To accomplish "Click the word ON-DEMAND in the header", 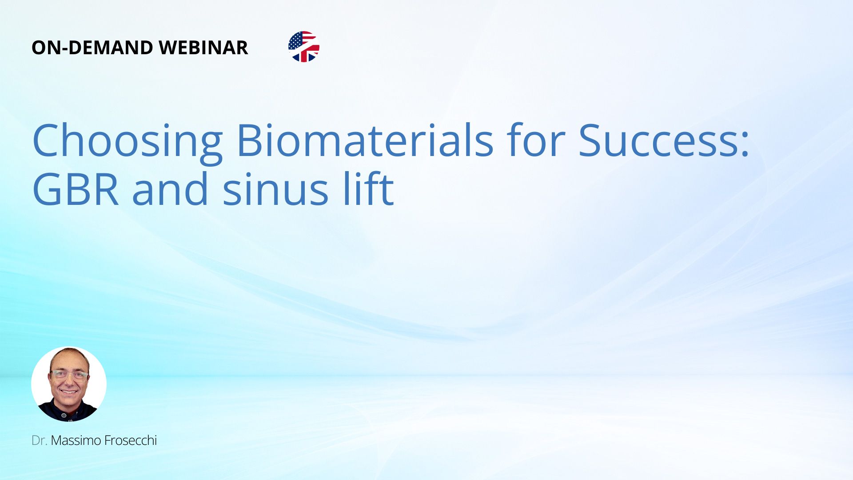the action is pyautogui.click(x=92, y=48).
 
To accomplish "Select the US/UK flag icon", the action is pyautogui.click(x=304, y=47).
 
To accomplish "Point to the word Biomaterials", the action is pyautogui.click(x=365, y=140).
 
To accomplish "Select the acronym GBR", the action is pyautogui.click(x=76, y=188).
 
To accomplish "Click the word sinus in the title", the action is pyautogui.click(x=275, y=189).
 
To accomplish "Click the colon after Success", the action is pyautogui.click(x=745, y=144).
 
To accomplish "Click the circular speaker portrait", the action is pyautogui.click(x=69, y=384).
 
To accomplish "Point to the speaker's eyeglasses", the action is pyautogui.click(x=69, y=376).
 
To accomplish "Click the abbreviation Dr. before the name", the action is pyautogui.click(x=39, y=440).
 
